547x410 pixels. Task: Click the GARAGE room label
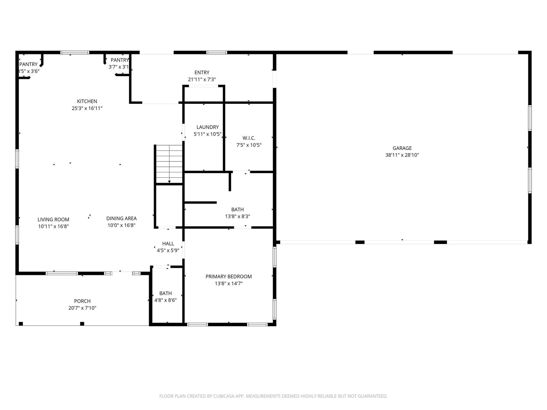coord(402,148)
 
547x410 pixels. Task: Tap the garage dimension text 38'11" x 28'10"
coord(402,155)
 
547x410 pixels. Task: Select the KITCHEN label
coord(87,101)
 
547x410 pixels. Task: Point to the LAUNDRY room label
coord(207,127)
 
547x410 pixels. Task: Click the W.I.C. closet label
coord(249,138)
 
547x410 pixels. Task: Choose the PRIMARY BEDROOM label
coord(228,276)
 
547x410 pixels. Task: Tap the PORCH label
coord(82,301)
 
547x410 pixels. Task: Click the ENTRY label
coord(202,73)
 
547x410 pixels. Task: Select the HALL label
coord(168,243)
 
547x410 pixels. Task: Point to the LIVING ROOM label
coord(53,220)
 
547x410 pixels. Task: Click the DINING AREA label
coord(121,218)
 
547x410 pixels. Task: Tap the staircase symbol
coord(169,164)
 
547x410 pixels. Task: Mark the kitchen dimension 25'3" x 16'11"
coord(87,108)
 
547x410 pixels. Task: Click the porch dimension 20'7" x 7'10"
coord(82,308)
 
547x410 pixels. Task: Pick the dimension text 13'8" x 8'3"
coord(237,216)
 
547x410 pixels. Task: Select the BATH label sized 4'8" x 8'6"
coord(165,293)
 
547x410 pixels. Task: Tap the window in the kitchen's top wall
coord(75,52)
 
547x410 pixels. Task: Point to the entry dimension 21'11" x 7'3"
coord(202,79)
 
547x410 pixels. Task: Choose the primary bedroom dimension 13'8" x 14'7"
coord(228,283)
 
